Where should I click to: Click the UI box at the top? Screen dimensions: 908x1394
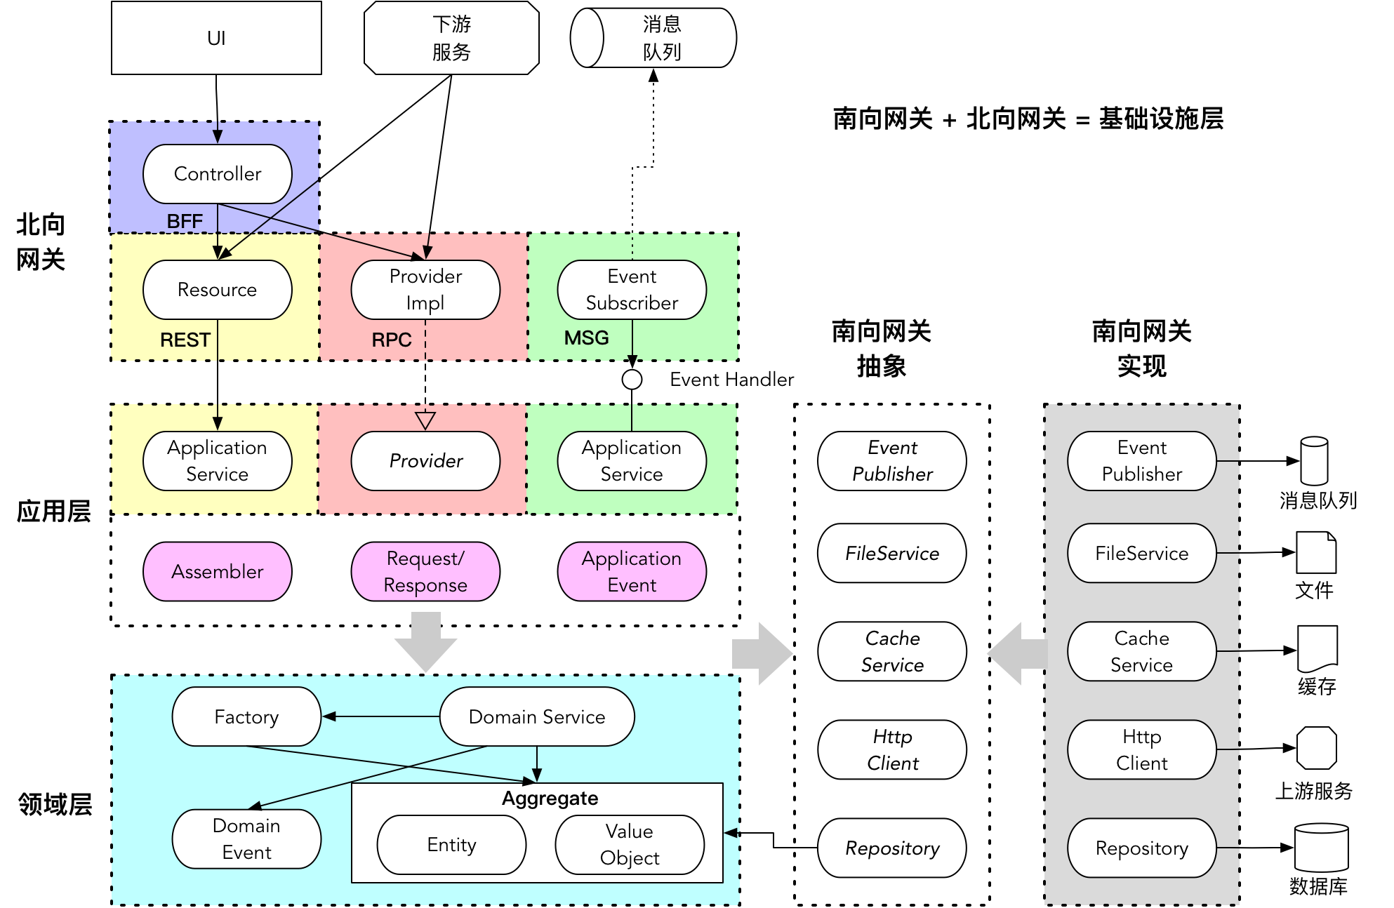click(x=216, y=38)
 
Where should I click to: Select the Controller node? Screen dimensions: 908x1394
click(x=217, y=173)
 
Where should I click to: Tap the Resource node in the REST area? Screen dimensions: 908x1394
click(x=217, y=289)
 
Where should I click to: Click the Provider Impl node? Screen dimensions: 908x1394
click(x=425, y=289)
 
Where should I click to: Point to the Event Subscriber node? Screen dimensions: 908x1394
click(x=632, y=289)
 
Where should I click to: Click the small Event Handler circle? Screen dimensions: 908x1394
click(x=632, y=380)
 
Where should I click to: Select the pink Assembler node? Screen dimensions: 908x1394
click(x=217, y=571)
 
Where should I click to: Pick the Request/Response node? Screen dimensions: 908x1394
click(x=425, y=571)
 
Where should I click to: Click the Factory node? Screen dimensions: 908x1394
click(x=246, y=716)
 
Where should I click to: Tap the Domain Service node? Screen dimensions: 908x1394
click(x=537, y=716)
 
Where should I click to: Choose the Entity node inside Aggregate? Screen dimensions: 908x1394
click(x=451, y=844)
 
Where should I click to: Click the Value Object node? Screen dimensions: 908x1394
click(x=630, y=844)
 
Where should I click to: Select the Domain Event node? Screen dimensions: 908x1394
click(x=246, y=839)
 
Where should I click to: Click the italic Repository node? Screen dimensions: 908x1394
click(x=891, y=848)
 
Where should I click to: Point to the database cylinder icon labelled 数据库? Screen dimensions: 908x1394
click(x=1321, y=848)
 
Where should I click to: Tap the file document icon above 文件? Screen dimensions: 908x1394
click(x=1316, y=553)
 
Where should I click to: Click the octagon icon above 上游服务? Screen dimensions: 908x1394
click(x=1316, y=748)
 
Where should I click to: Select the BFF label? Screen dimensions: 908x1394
click(x=185, y=222)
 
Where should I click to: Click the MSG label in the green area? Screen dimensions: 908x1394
click(x=586, y=338)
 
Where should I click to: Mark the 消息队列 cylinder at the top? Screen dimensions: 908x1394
click(x=653, y=38)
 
